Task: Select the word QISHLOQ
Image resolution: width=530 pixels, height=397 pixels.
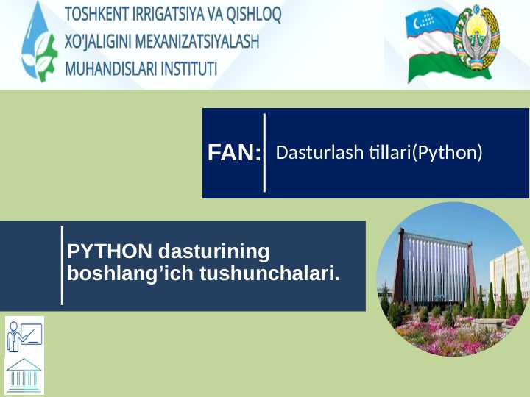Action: coord(256,15)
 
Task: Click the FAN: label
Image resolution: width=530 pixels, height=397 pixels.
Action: coord(234,153)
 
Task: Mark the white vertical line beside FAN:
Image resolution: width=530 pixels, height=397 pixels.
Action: coord(265,152)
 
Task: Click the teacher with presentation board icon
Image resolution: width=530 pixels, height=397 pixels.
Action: coord(24,335)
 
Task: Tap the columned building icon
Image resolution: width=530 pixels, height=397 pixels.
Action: coord(24,375)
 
